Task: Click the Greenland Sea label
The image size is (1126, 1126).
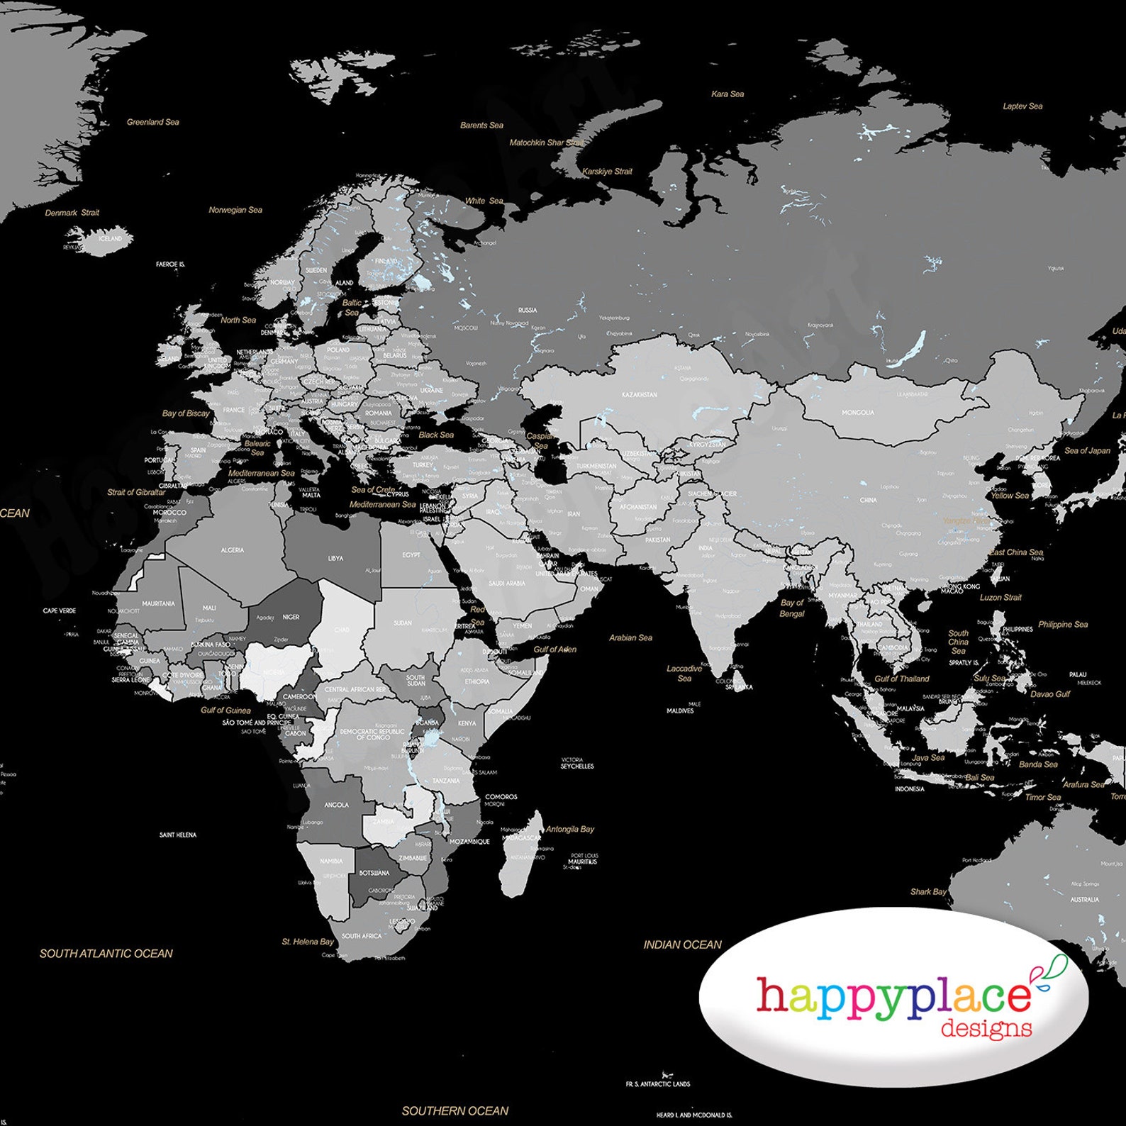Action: (152, 122)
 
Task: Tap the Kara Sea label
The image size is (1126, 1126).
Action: (728, 94)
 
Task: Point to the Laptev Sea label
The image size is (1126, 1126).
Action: (1022, 106)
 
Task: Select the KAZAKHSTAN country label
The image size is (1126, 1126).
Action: (639, 394)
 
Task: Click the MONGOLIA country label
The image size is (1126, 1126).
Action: (857, 412)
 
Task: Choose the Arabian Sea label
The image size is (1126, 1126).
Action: (630, 637)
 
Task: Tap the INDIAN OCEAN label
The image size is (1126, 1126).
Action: (682, 944)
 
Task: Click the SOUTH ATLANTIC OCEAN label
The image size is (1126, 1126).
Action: (106, 954)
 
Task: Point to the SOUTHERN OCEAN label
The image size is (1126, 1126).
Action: (455, 1110)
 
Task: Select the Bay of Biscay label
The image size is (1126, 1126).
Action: (186, 413)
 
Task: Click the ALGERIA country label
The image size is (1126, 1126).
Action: (232, 550)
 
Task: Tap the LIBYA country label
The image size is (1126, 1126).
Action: (335, 558)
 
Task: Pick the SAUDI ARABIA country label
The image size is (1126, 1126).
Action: (506, 583)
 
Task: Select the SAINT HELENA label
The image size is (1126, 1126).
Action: (177, 835)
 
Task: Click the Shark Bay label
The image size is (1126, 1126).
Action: (927, 891)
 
